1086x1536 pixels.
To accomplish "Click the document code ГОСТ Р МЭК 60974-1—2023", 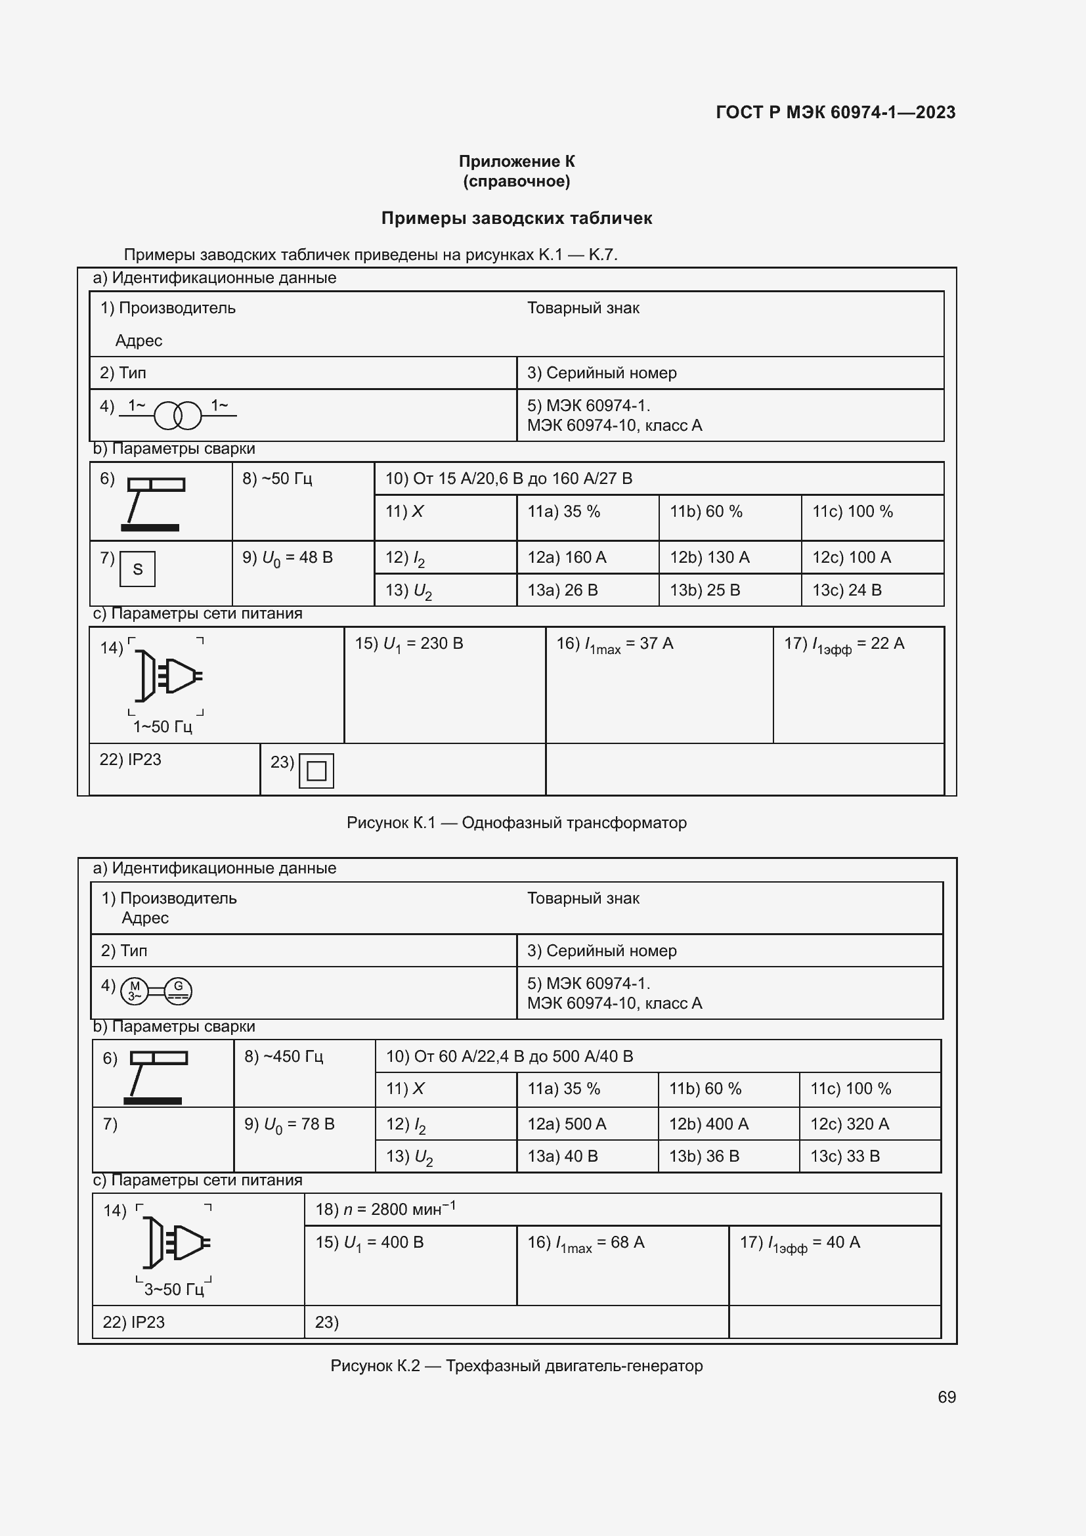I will (x=835, y=112).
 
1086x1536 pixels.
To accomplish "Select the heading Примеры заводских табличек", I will (x=516, y=218).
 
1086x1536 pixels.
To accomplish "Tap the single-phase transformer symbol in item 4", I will (x=178, y=416).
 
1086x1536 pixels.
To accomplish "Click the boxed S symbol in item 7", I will (x=138, y=569).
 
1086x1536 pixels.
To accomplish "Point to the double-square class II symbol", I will (x=316, y=771).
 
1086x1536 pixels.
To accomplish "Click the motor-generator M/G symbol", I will (x=156, y=991).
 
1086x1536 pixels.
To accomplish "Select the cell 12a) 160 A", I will (x=567, y=558).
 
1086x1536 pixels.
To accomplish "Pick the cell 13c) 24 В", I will (x=846, y=590).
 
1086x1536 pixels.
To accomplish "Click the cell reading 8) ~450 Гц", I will (x=284, y=1057).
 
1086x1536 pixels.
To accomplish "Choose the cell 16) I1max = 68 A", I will (x=586, y=1243).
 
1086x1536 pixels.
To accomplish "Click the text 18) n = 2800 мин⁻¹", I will (x=385, y=1209).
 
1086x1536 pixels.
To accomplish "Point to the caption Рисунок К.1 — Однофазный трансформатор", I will (x=516, y=823).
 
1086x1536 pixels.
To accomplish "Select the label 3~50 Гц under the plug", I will (x=174, y=1289).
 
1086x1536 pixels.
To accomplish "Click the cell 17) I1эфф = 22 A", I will (x=844, y=644).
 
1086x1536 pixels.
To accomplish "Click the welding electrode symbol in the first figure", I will (x=154, y=503).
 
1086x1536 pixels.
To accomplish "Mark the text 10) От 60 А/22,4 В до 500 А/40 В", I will (x=510, y=1057).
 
